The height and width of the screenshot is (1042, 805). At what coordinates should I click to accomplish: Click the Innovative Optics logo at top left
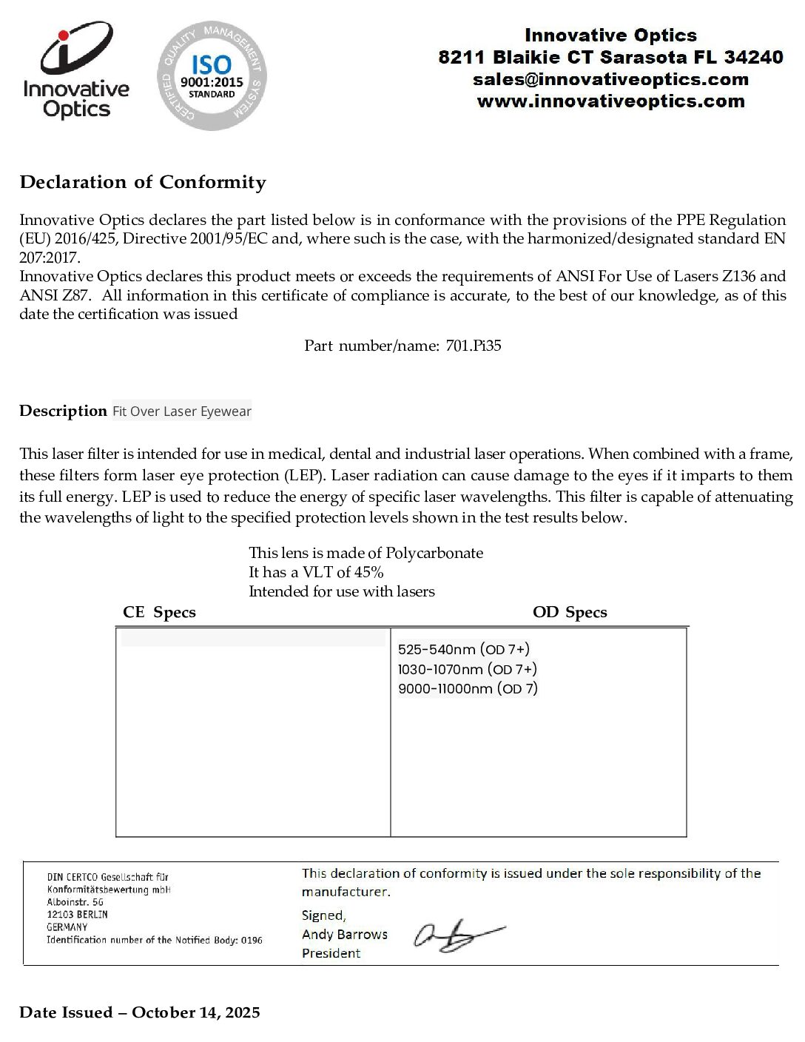click(x=76, y=72)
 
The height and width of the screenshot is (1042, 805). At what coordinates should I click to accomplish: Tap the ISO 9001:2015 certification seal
click(x=212, y=76)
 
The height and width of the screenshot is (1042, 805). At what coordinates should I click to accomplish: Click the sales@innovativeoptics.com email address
click(x=610, y=79)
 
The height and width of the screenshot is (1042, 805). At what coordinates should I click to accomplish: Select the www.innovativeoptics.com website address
click(x=610, y=101)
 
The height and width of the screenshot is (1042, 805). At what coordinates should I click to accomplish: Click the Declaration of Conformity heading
click(x=143, y=182)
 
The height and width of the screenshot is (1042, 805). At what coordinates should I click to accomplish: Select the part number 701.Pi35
click(x=474, y=346)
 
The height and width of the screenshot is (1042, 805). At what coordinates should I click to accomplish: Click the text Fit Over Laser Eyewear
click(x=182, y=411)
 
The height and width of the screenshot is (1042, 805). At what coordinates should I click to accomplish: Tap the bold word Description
click(x=63, y=411)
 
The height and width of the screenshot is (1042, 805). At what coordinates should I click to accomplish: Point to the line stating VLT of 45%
click(x=316, y=572)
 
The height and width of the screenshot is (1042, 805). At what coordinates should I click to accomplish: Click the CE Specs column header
click(x=159, y=612)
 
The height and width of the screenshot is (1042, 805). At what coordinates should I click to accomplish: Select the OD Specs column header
click(x=570, y=612)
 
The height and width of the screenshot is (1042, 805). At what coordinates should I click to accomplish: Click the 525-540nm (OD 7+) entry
click(x=464, y=650)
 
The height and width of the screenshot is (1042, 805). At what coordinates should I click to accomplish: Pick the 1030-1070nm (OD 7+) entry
click(x=468, y=669)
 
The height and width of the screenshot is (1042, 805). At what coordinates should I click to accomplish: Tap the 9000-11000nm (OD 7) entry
click(x=468, y=689)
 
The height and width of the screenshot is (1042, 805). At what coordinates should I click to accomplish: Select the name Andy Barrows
click(x=345, y=935)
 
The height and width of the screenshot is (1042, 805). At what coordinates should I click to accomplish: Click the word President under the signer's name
click(x=331, y=953)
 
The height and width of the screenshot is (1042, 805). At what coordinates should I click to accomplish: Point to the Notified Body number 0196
click(x=252, y=940)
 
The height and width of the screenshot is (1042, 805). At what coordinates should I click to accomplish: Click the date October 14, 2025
click(x=196, y=1012)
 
